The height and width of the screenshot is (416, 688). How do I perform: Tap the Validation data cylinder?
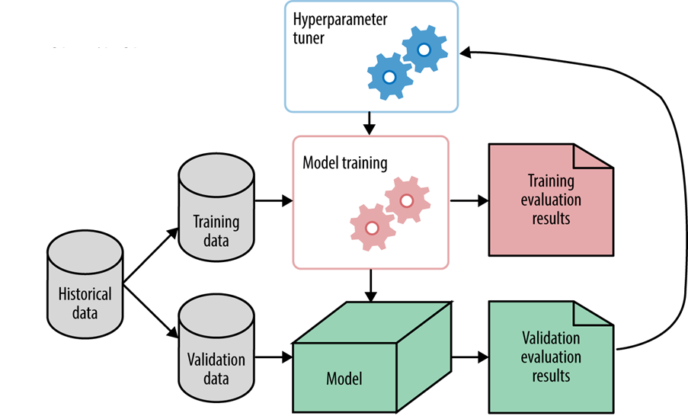[216, 350]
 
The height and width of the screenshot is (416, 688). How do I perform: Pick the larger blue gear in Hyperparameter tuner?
[389, 76]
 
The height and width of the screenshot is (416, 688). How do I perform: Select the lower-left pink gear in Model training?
[372, 227]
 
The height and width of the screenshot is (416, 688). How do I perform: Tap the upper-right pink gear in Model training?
[407, 200]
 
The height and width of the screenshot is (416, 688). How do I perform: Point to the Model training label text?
[344, 162]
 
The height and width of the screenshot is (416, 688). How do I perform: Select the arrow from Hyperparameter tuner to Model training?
[370, 123]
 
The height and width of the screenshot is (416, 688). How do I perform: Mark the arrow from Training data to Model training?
[274, 201]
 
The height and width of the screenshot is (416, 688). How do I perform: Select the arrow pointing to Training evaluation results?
[469, 201]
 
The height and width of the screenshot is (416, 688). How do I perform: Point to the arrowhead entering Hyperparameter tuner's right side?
[466, 52]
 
